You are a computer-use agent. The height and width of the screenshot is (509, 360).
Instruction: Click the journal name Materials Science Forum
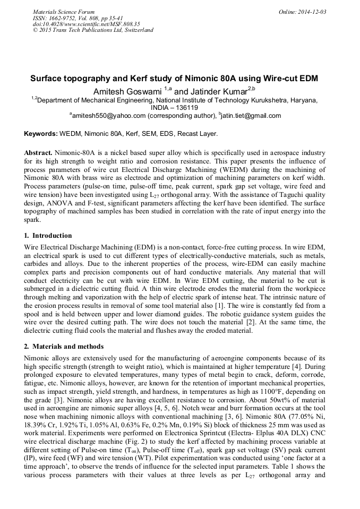pyautogui.click(x=64, y=12)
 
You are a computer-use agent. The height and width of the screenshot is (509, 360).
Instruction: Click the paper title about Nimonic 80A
pyautogui.click(x=174, y=79)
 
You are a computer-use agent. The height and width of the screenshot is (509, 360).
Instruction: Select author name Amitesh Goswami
pyautogui.click(x=127, y=91)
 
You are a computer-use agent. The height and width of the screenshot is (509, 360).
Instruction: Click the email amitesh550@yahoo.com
pyautogui.click(x=109, y=115)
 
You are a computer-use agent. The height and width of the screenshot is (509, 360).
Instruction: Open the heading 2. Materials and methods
pyautogui.click(x=63, y=347)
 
